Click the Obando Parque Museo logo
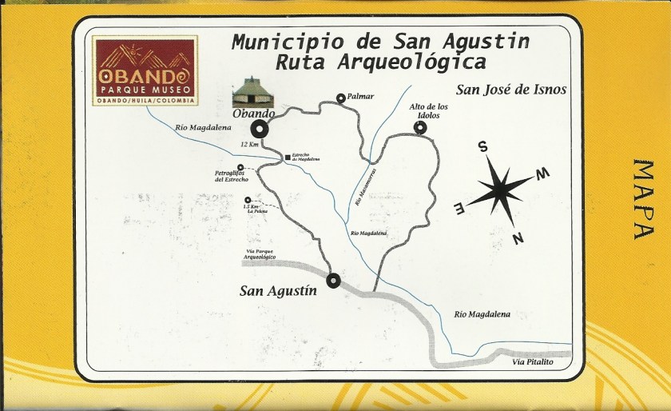143,70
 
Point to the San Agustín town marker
333,280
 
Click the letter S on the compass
482,146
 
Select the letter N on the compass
518,236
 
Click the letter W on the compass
541,174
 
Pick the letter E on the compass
459,209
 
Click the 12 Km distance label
249,144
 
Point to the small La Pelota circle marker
248,200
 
